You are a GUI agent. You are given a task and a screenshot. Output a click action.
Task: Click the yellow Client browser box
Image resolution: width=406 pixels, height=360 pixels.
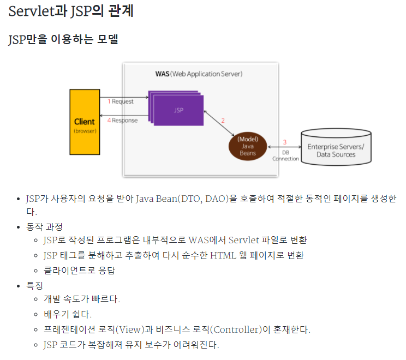coord(84,122)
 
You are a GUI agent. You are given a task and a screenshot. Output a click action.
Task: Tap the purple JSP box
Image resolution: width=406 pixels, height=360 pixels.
coord(178,109)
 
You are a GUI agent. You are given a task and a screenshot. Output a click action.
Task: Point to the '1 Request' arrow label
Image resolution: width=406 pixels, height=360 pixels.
coord(121,101)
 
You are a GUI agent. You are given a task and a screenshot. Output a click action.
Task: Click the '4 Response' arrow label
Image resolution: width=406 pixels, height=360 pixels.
coord(122,120)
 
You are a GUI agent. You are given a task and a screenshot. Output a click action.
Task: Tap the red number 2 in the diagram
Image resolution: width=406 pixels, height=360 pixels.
coord(223,120)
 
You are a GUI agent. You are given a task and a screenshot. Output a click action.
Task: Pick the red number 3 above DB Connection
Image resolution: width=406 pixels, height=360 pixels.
coord(284,142)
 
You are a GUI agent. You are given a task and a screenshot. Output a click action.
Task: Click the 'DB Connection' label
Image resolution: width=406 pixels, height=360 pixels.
coord(285,155)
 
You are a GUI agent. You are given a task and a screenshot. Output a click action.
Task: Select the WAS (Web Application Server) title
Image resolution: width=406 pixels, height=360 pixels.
coord(199,74)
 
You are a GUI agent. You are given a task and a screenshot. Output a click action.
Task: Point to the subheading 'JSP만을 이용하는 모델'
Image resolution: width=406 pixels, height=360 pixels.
coord(63,40)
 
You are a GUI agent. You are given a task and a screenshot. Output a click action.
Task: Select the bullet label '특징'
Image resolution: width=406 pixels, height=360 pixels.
coord(34,285)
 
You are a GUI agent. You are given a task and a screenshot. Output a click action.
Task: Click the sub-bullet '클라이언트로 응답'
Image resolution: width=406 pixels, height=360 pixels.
coord(80,270)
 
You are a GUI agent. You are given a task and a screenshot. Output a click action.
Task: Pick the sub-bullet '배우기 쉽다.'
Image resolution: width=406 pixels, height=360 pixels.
coord(68,314)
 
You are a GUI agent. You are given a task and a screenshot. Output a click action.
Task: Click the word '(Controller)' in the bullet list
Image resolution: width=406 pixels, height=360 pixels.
coord(236,329)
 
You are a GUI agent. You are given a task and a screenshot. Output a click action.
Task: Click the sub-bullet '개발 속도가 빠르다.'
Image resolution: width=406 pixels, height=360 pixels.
coord(81,299)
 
